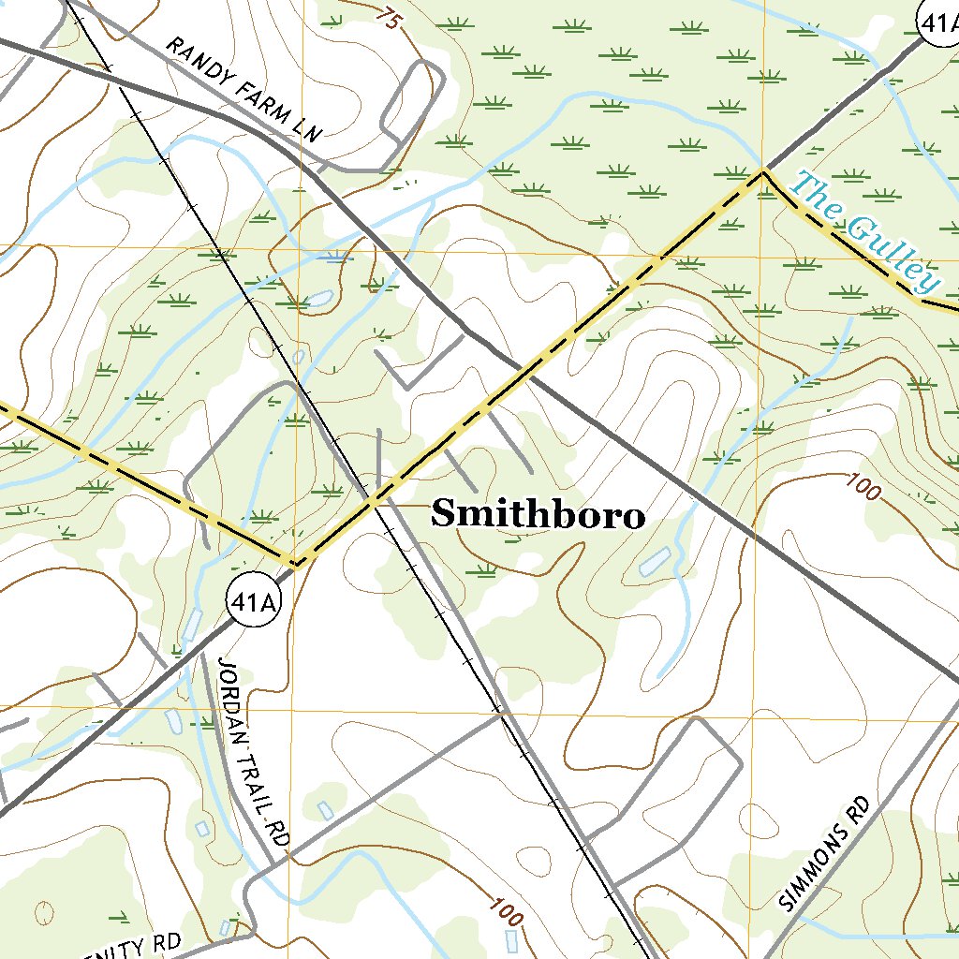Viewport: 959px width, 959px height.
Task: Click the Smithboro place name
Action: (538, 514)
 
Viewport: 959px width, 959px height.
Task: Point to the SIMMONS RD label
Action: (824, 853)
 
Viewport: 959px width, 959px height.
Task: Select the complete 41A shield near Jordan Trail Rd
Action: (253, 603)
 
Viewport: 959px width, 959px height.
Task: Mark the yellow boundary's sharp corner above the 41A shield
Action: (296, 565)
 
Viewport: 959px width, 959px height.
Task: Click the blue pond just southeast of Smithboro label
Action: (654, 561)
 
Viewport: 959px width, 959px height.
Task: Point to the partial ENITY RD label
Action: (140, 946)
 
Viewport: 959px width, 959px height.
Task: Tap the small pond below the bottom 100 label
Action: (510, 939)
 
